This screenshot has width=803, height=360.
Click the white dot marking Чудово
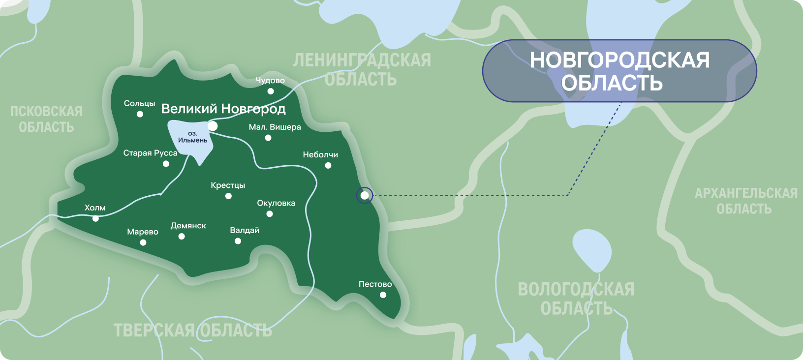271,91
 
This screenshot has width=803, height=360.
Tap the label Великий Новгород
223,109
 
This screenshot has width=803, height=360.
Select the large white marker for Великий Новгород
213,126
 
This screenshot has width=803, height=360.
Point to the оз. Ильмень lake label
192,137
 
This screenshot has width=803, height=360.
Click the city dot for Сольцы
140,114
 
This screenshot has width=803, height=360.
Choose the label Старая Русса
150,153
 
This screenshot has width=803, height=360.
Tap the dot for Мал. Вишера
268,138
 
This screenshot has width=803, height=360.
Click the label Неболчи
320,154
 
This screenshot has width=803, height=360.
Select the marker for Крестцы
228,196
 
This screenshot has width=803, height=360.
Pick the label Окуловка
276,203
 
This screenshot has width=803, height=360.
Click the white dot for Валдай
238,241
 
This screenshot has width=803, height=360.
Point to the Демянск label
188,226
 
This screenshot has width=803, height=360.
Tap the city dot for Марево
143,242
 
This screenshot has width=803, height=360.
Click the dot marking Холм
95,218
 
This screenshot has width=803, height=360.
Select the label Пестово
375,284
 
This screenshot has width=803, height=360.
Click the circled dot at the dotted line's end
365,195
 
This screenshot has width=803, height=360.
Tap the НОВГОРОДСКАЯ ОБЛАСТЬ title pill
619,71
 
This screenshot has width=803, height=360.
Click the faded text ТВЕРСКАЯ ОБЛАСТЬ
192,330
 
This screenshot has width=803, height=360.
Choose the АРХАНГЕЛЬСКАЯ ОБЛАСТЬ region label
745,201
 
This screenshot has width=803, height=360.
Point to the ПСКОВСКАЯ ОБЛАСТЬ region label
46,119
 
